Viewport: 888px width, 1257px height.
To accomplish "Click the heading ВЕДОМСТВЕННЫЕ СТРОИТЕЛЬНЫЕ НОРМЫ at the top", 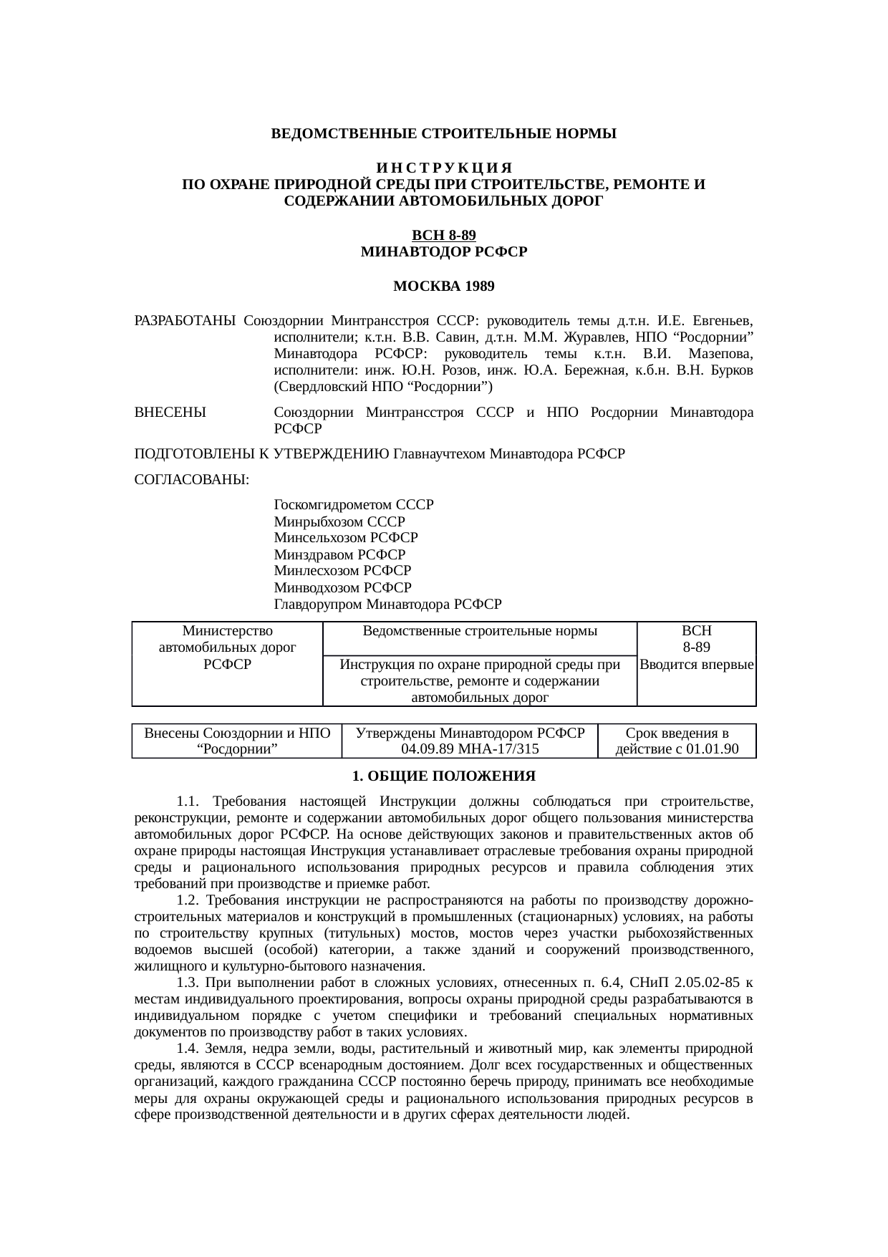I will [443, 134].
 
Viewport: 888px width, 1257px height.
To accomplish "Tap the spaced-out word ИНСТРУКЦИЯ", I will [443, 168].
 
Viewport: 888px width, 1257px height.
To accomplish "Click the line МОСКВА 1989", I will [444, 286].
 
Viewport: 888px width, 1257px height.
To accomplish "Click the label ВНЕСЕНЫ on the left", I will [170, 413].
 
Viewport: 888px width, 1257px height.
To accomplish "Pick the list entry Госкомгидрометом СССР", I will [354, 504].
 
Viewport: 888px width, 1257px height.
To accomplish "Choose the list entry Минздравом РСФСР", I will [339, 554].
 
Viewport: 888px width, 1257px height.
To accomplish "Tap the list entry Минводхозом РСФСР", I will [342, 587].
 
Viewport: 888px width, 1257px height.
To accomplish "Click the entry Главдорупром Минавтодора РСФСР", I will [387, 604].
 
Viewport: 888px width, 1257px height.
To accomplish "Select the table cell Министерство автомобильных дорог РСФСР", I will [227, 647].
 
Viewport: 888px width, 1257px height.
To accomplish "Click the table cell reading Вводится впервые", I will [696, 665].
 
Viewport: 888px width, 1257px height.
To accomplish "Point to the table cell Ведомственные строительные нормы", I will [480, 631].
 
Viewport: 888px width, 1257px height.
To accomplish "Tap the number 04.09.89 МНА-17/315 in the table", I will [470, 749].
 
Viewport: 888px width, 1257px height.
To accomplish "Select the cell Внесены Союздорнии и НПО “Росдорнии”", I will [237, 741].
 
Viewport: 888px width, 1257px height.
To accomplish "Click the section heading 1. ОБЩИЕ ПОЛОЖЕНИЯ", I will [444, 776].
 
